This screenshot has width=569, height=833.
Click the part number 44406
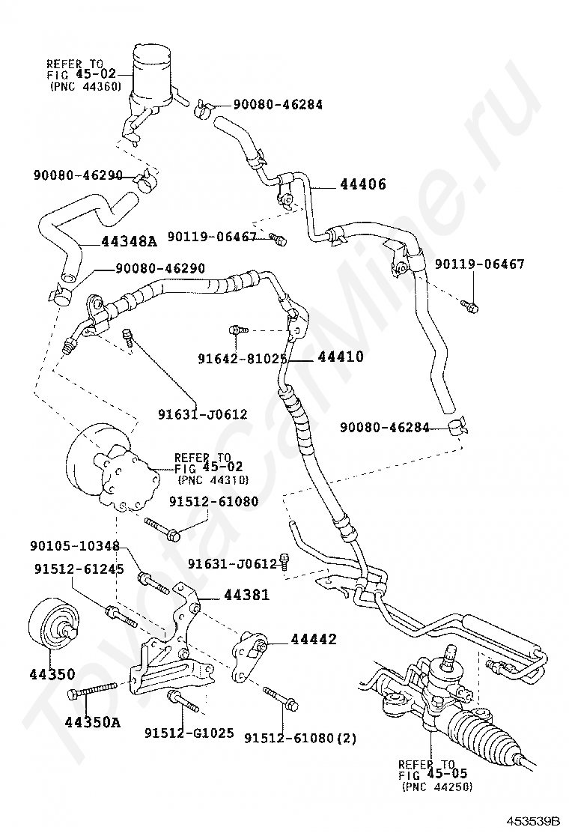click(362, 184)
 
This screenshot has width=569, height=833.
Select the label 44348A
click(129, 241)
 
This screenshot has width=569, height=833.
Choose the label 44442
click(314, 639)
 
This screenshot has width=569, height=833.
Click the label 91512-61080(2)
click(300, 739)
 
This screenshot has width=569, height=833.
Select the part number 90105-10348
click(76, 547)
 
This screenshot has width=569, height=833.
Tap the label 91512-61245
click(79, 569)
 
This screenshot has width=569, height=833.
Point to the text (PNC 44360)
click(85, 87)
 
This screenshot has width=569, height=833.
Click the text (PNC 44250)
click(436, 787)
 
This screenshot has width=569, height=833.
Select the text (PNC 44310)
click(213, 480)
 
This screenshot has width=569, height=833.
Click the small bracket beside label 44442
click(251, 652)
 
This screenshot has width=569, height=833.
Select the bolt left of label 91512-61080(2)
click(282, 697)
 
